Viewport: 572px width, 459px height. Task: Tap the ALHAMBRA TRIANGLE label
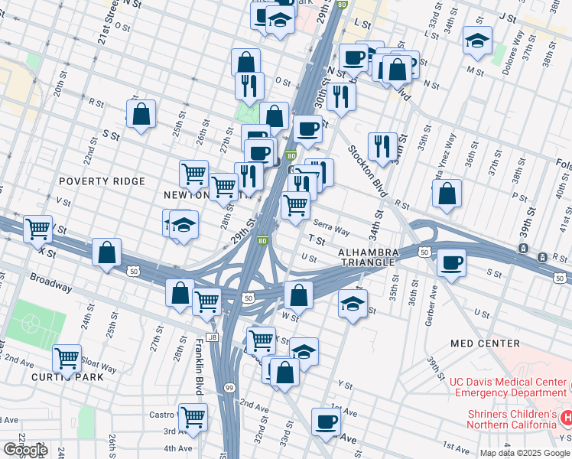point(369,257)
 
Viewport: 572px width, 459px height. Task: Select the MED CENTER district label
point(485,343)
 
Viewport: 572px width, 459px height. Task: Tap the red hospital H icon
point(567,418)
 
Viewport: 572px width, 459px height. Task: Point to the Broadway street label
point(52,283)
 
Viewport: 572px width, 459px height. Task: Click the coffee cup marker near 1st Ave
point(327,422)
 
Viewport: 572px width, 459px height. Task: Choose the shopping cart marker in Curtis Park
point(67,358)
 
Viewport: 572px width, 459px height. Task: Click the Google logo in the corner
point(24,450)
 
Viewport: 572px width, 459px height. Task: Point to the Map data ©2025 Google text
point(525,453)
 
